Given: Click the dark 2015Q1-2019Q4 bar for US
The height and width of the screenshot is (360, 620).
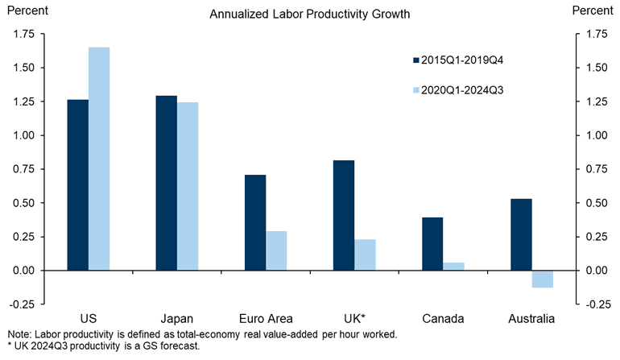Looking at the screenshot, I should coord(78,185).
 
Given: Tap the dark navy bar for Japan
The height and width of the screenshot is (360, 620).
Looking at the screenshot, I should coord(166,183).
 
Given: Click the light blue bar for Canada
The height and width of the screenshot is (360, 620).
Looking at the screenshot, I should coord(453,267).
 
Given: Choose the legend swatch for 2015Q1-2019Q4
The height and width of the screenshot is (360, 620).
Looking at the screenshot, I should coord(416,60).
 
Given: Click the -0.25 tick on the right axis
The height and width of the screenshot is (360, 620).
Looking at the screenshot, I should coord(596,304).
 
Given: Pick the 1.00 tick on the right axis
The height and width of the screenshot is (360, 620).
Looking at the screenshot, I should coord(596,135).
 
